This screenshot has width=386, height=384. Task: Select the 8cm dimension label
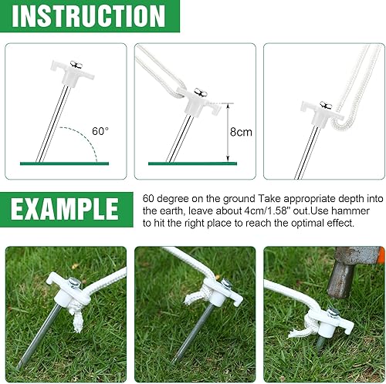[243, 132]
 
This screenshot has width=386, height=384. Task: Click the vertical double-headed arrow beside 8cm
[227, 133]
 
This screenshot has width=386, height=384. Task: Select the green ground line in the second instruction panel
[193, 163]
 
